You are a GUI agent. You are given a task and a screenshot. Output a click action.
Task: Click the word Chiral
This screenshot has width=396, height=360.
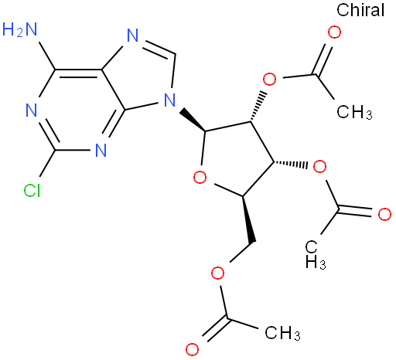click(360, 10)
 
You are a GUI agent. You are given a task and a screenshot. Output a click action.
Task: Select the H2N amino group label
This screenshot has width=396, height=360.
click(19, 29)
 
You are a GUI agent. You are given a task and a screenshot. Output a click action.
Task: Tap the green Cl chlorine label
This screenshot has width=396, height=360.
click(32, 191)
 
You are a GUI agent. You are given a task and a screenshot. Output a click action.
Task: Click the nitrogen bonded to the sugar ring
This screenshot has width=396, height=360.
click(169, 100)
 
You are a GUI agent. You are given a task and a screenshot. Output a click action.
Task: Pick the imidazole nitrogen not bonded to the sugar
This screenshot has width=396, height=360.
click(133, 35)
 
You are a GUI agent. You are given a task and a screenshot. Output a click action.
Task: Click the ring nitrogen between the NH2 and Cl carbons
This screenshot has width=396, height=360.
click(32, 110)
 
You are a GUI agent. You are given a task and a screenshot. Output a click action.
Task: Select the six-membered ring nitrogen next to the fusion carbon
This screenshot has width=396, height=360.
click(101, 150)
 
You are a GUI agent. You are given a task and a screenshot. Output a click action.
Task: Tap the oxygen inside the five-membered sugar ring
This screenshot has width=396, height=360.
click(200, 178)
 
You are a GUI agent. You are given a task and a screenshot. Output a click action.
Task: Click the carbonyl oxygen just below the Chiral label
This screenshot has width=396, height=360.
click(334, 32)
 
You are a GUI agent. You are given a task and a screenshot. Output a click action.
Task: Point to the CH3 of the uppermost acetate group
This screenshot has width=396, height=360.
click(354, 112)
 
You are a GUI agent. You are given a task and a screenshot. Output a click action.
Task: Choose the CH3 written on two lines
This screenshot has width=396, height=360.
click(316, 254)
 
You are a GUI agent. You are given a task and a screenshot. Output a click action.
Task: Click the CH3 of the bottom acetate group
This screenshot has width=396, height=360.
click(282, 333)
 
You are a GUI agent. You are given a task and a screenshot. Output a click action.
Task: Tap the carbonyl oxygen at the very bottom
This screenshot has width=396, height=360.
click(192, 349)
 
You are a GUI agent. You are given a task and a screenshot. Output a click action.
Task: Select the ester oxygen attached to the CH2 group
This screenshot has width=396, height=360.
click(217, 273)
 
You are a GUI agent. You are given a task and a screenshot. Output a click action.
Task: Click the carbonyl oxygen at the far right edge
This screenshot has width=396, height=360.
click(384, 214)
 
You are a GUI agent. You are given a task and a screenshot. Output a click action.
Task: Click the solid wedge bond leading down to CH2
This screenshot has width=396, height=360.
click(248, 219)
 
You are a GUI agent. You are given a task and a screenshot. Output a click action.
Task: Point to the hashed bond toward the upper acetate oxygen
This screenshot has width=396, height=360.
click(258, 106)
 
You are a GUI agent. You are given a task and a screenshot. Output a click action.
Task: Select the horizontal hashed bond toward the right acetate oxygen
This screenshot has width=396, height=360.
click(291, 164)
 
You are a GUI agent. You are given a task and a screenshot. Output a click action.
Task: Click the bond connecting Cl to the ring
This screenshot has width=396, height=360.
click(48, 163)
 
